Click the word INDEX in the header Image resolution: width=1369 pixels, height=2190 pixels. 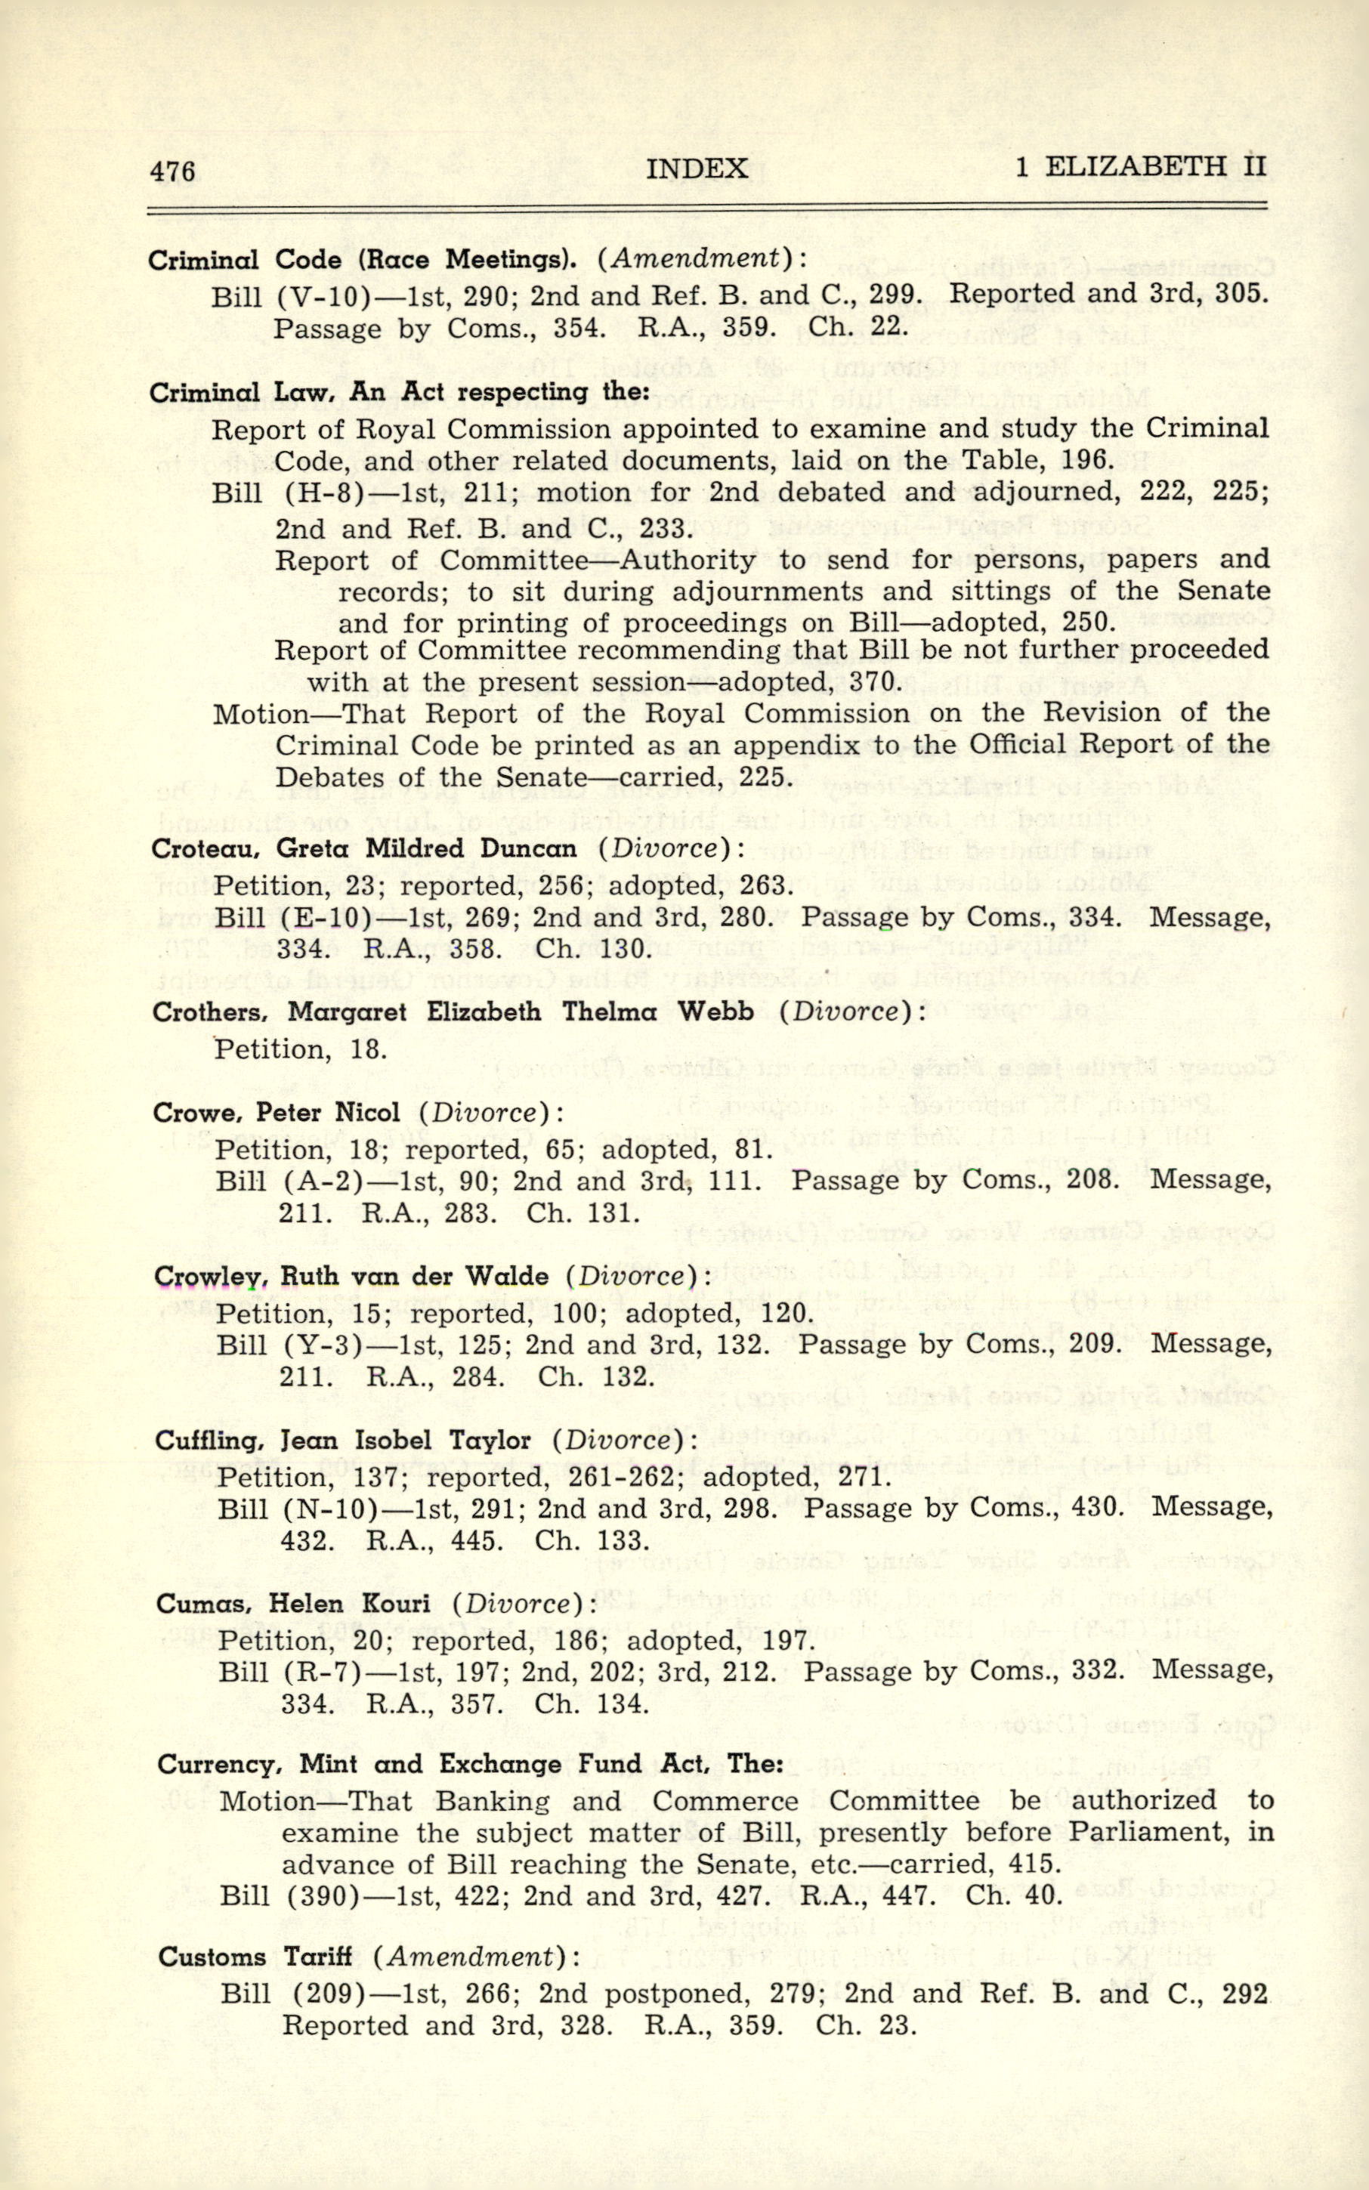coord(697,168)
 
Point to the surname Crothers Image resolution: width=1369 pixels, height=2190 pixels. coord(207,1012)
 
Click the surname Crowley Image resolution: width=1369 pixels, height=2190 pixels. coord(205,1277)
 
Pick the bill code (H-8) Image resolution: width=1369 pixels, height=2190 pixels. coord(317,493)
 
